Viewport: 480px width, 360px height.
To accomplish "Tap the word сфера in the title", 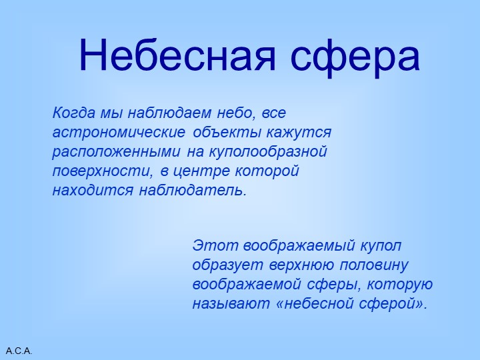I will tap(355, 56).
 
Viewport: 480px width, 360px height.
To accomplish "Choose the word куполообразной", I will tap(270, 151).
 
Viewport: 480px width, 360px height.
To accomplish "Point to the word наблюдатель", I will tap(193, 190).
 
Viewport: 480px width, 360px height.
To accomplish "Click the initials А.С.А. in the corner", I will tap(19, 351).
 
